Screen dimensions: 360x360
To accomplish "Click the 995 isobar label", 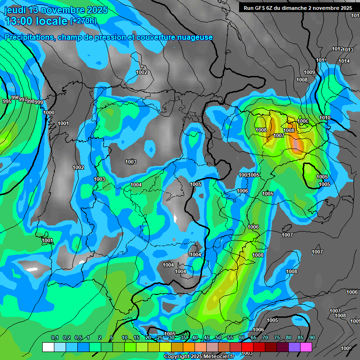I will [x=7, y=101].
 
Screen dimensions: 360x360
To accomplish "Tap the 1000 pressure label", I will [x=49, y=112].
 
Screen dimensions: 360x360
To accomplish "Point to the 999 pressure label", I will [x=38, y=102].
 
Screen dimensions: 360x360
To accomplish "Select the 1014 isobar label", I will [x=344, y=61].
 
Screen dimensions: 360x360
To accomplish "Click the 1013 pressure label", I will [x=348, y=50].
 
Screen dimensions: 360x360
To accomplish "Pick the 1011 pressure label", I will [x=321, y=60].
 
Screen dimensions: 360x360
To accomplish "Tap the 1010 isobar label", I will [x=325, y=118].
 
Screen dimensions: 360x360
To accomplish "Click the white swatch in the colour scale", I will [x=48, y=347].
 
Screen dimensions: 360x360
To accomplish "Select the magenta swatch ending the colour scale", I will [x=306, y=347].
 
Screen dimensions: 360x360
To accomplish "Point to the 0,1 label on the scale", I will [x=55, y=337].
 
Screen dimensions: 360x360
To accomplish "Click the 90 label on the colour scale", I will [x=312, y=337].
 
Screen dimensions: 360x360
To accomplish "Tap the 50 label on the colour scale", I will [x=218, y=337].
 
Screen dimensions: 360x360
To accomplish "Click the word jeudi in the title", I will [x=15, y=10].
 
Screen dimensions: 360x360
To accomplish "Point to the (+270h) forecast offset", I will [x=83, y=21].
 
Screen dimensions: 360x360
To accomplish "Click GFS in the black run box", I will [x=261, y=8].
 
